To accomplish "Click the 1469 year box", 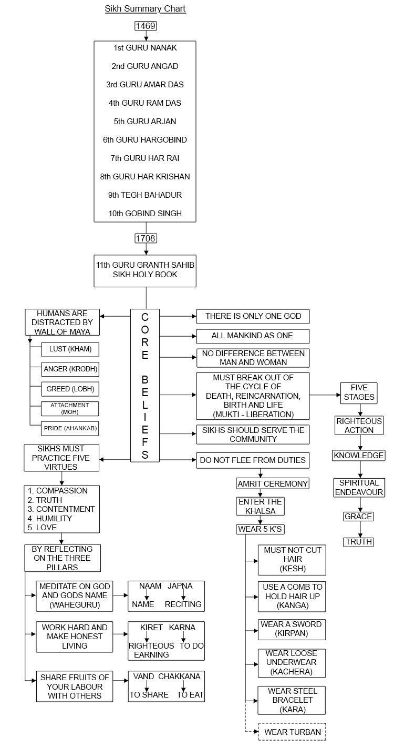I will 146,26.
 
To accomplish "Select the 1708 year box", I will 146,238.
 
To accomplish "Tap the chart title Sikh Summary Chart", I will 145,9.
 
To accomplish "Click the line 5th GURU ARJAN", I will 145,122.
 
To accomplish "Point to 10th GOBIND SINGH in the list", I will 145,214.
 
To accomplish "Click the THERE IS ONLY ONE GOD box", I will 253,316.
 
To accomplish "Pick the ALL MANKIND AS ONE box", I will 253,336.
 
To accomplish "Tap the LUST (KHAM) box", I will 70,349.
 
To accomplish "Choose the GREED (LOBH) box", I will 70,389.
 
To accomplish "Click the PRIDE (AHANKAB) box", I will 70,429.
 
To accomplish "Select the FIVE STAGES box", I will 359,392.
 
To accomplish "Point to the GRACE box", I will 359,517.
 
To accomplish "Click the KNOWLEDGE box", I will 359,456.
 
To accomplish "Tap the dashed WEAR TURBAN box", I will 292,732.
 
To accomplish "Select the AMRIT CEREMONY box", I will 273,483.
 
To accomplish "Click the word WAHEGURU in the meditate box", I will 75,604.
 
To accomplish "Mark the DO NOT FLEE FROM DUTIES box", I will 253,460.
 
